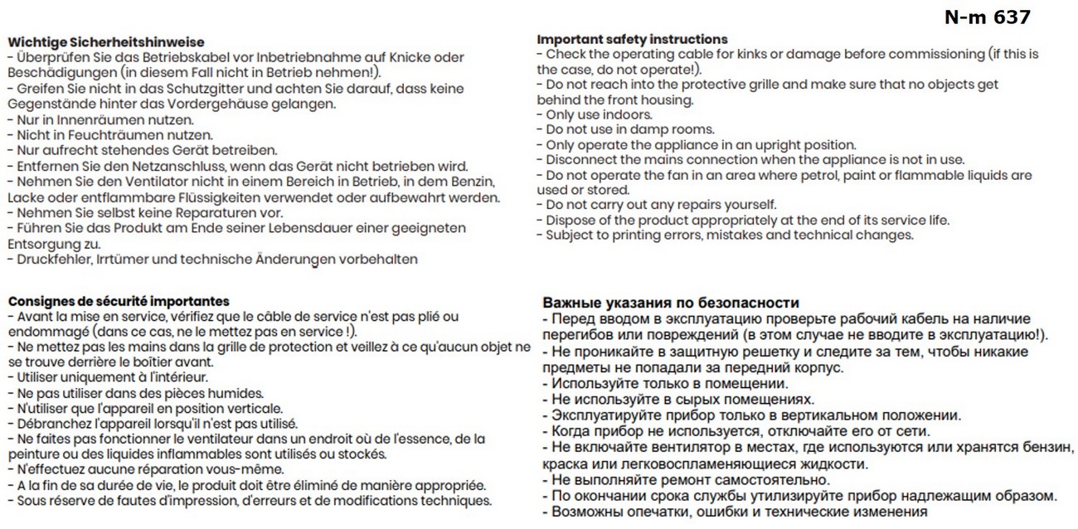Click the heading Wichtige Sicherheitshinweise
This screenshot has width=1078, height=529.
[x=104, y=42]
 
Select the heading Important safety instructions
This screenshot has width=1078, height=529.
[x=632, y=39]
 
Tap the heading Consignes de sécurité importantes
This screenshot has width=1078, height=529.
[x=119, y=301]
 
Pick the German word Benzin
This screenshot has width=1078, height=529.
[x=475, y=182]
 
